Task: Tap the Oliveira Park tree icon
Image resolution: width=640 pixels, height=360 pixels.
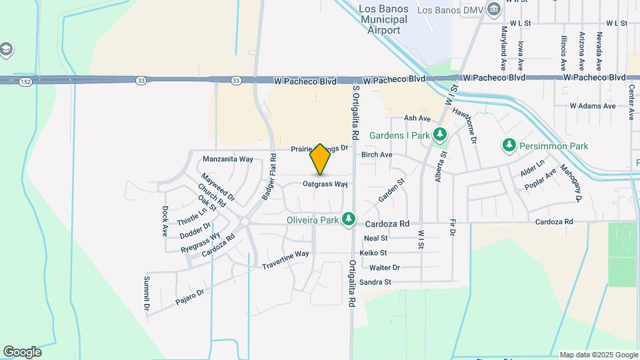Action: tap(348, 219)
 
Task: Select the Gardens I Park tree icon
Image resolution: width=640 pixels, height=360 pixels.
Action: tap(439, 135)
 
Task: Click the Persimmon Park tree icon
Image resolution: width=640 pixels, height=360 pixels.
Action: tap(509, 145)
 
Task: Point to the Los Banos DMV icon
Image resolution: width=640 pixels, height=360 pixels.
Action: tap(494, 9)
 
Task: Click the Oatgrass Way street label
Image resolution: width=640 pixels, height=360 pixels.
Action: tap(325, 183)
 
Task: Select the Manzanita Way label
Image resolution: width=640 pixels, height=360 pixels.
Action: tap(228, 159)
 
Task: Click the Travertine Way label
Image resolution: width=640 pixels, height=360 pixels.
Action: tap(286, 254)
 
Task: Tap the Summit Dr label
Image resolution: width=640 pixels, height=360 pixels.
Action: tap(146, 294)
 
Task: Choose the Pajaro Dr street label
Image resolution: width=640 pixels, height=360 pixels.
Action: tap(189, 296)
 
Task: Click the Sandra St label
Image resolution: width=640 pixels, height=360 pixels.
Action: tap(375, 282)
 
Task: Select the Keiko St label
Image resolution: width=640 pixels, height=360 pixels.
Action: tap(373, 253)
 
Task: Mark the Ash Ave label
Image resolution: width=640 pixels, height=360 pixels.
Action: tap(417, 118)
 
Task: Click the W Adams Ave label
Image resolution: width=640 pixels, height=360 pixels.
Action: tap(592, 106)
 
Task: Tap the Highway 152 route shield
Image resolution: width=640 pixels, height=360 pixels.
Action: tap(25, 81)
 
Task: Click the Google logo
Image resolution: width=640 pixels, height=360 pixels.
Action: tap(22, 352)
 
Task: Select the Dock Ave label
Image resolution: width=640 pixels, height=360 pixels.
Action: tap(165, 221)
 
